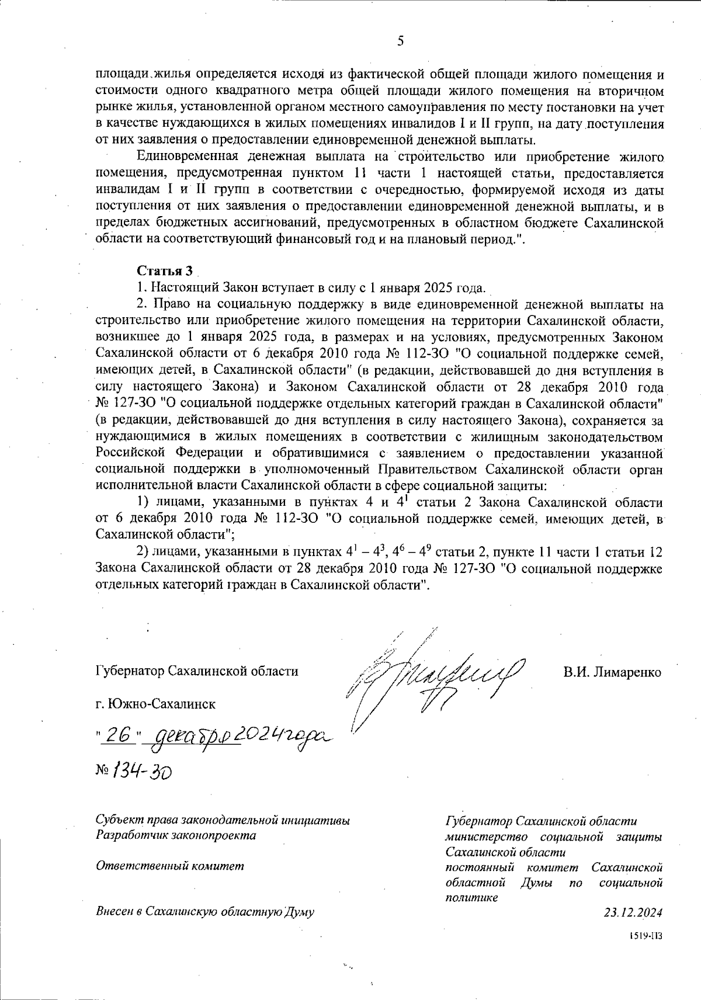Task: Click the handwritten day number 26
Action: point(116,738)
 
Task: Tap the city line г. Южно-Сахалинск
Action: point(155,704)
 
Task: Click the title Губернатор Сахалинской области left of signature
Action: point(197,671)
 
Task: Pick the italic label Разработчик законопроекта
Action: point(175,835)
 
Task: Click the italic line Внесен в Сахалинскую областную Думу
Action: point(204,912)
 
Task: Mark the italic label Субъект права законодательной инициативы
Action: point(223,821)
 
